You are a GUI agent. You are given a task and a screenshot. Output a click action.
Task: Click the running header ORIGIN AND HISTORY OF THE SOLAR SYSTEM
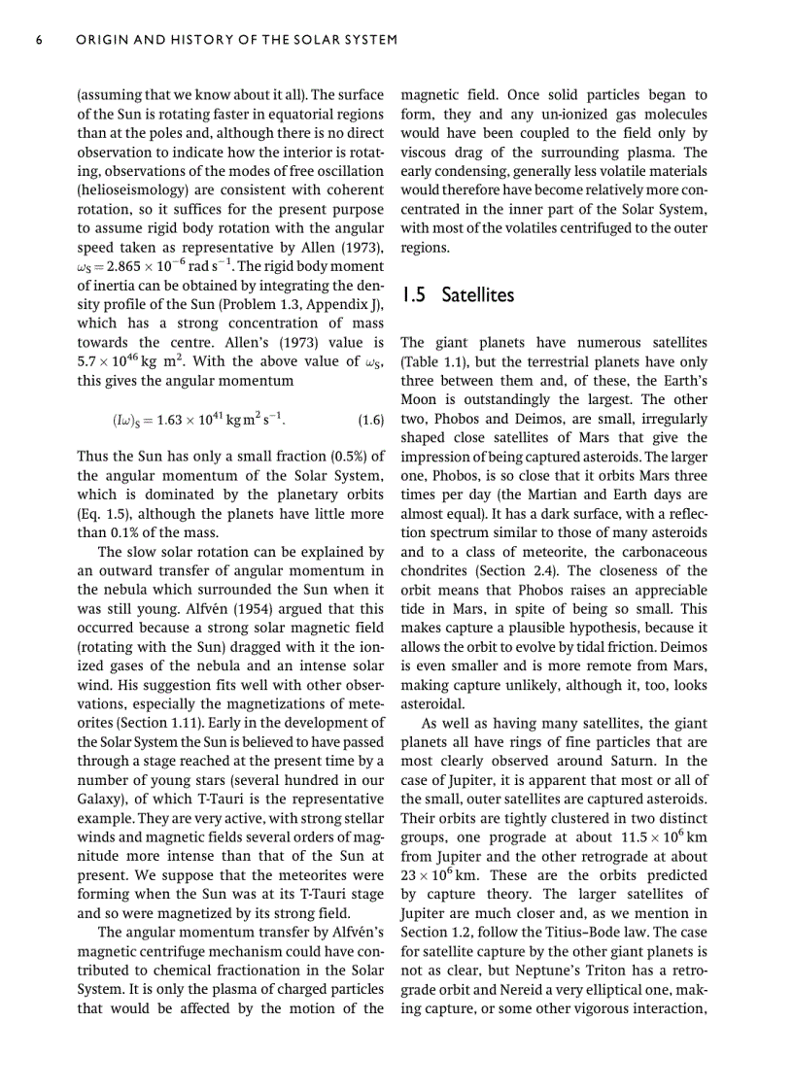[237, 40]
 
